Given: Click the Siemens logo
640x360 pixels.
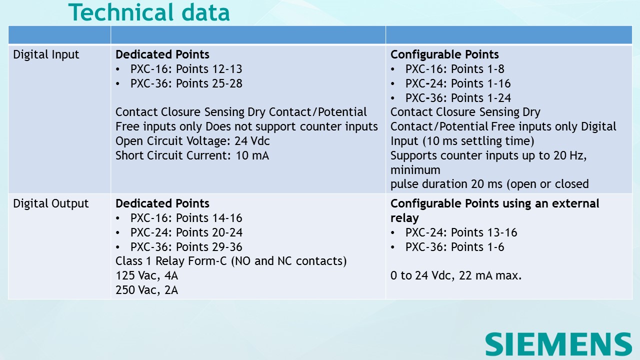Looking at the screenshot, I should (x=558, y=344).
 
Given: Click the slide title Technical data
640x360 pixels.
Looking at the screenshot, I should (x=149, y=12).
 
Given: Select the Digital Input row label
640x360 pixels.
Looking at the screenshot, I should (x=46, y=55).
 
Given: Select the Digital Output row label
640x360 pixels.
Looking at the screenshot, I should (x=50, y=204).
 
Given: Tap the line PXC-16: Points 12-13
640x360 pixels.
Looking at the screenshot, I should (x=186, y=69).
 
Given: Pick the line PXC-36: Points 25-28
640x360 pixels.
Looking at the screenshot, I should (x=186, y=84).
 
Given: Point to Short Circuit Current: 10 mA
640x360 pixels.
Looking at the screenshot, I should (x=192, y=156).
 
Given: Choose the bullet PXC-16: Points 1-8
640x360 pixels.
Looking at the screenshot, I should (x=454, y=69).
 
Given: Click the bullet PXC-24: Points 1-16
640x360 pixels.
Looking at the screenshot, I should (x=457, y=84).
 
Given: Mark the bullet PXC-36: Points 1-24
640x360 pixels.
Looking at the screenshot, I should (x=457, y=98).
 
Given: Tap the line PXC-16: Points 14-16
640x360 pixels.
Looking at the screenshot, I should (x=186, y=218).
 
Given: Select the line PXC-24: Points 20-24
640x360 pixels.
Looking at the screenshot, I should (x=186, y=233).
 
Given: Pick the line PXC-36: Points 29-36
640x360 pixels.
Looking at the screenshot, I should (x=186, y=247).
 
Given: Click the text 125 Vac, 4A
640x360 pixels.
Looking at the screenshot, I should (x=146, y=275).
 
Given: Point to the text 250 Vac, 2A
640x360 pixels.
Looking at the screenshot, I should (x=146, y=290).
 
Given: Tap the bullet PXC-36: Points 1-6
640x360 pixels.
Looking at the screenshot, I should (x=454, y=247).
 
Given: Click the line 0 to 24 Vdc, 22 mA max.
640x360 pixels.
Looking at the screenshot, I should (x=456, y=275).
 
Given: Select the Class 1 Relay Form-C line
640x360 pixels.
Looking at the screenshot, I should (x=231, y=261).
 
